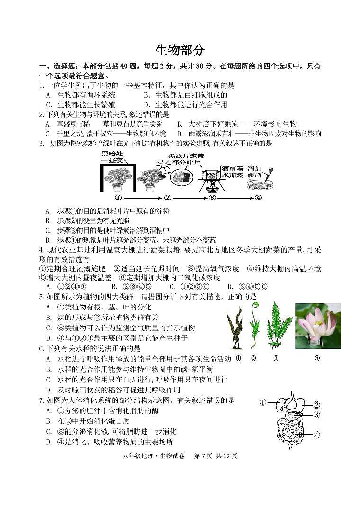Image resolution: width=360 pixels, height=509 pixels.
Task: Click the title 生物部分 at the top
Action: click(180, 50)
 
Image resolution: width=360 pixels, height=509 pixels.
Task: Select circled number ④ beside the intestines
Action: click(316, 434)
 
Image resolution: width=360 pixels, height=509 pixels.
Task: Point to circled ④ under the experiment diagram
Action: click(258, 198)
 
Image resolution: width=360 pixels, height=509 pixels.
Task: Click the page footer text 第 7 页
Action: click(204, 456)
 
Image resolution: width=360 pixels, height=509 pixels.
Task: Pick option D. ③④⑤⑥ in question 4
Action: click(247, 287)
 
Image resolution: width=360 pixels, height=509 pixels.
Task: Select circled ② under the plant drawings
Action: click(253, 358)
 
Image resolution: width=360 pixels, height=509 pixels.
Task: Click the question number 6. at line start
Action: click(42, 348)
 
